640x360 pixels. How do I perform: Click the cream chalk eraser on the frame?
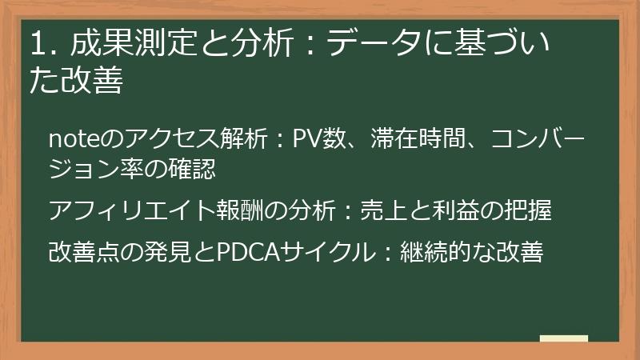click(x=564, y=338)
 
